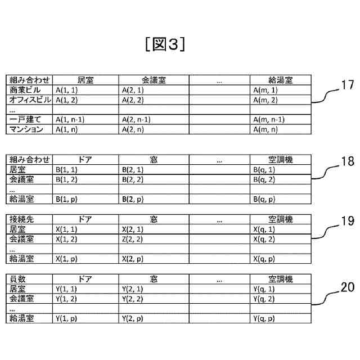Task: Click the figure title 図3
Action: pos(165,44)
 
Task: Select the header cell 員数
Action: pos(19,279)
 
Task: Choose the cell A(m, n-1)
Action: pos(269,119)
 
